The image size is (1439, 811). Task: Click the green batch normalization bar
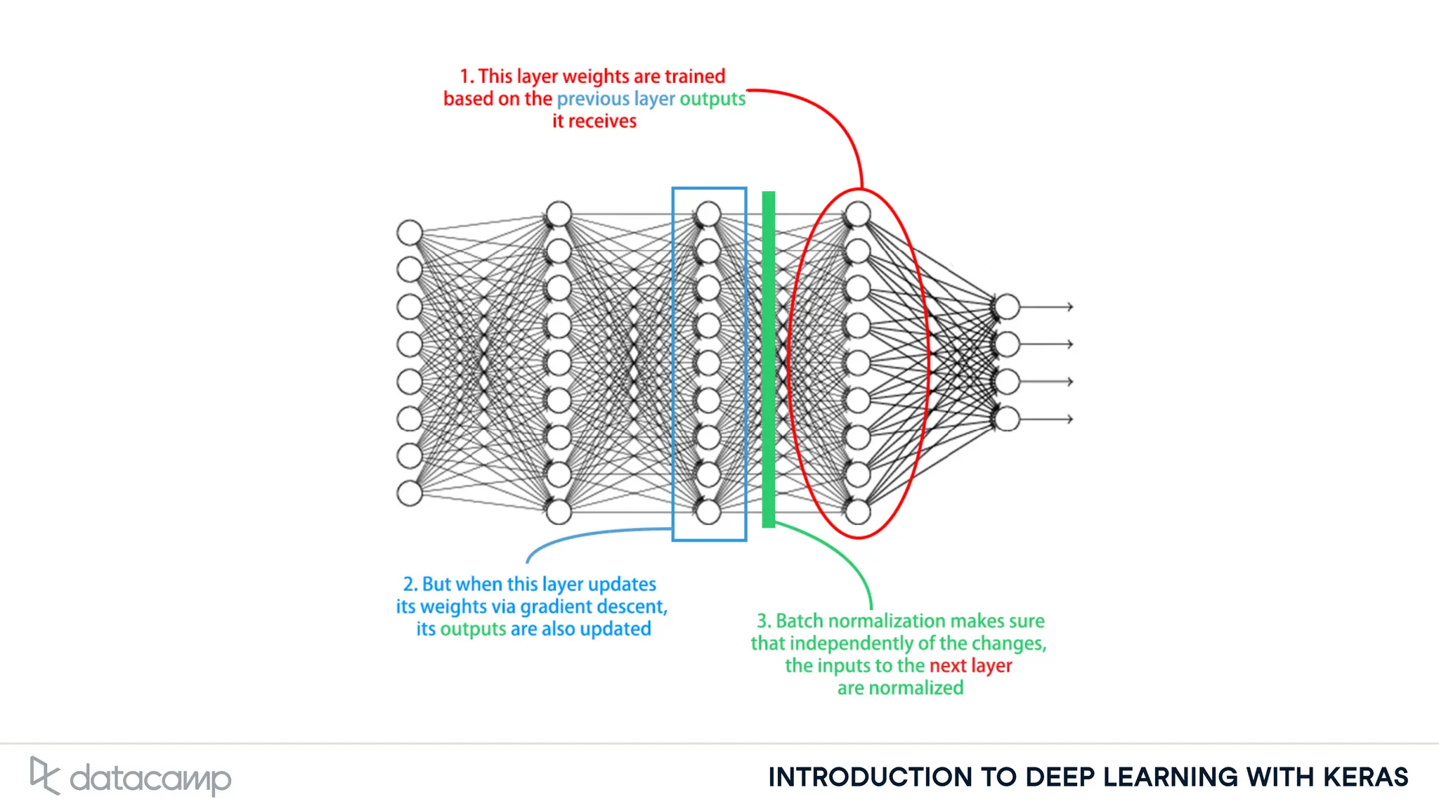click(x=769, y=358)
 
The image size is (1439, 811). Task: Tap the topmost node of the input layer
click(x=410, y=233)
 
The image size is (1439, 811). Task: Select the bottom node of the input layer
click(x=410, y=493)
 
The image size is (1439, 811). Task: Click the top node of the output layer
click(x=1007, y=307)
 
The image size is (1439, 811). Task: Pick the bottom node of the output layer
click(x=1007, y=419)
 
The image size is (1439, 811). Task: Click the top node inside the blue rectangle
click(x=708, y=214)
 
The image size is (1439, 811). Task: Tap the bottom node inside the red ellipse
click(x=858, y=512)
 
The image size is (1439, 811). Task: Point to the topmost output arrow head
click(x=1069, y=307)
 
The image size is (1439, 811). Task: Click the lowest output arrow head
click(x=1069, y=419)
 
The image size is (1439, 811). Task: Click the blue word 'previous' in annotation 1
click(x=593, y=99)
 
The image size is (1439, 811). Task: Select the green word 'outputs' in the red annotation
click(x=712, y=99)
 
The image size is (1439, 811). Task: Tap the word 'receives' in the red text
click(x=602, y=122)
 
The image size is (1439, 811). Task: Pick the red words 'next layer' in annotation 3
click(x=970, y=666)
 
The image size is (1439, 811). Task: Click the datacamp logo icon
click(x=44, y=776)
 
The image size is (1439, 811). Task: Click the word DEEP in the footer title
click(x=1060, y=777)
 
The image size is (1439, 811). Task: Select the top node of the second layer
click(x=559, y=214)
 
